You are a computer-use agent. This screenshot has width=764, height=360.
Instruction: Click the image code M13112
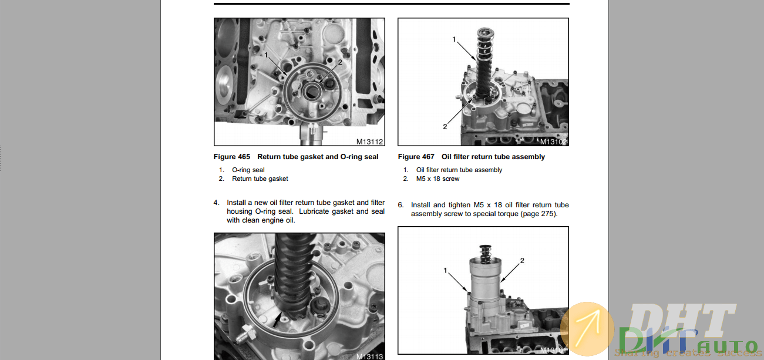pos(369,142)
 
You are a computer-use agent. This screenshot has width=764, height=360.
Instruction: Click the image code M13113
pos(369,356)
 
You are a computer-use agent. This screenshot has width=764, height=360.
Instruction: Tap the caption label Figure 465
pos(232,157)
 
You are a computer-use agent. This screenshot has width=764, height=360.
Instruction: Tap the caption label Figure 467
pos(416,157)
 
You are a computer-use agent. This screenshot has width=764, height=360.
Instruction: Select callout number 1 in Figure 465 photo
pos(266,55)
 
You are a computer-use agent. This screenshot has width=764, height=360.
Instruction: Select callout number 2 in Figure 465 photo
pos(339,62)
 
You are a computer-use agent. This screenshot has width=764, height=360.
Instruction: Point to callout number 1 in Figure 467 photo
pos(454,39)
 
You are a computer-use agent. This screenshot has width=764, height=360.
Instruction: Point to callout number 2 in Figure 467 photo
pos(445,126)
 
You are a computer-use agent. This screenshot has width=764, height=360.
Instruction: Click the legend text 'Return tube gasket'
pos(260,179)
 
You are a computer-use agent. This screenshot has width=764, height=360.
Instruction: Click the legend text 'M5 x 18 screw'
pos(437,179)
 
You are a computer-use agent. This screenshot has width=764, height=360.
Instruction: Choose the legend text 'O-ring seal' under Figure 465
pos(248,170)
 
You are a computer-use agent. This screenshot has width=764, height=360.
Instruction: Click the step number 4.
pos(216,203)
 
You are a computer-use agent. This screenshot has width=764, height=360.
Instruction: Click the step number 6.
pos(400,205)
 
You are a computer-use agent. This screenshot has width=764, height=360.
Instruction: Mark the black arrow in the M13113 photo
pos(277,320)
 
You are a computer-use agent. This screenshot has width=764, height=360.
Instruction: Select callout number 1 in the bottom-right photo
pos(446,271)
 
